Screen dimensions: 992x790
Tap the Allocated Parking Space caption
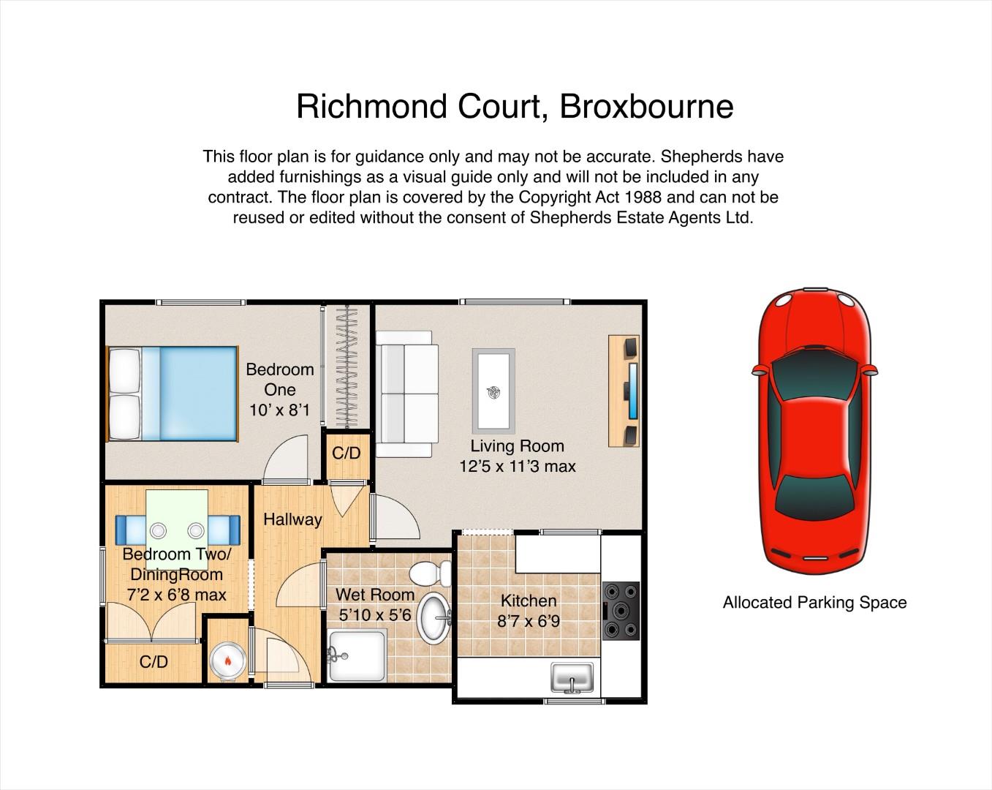(814, 602)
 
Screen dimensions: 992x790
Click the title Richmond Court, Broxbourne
(515, 106)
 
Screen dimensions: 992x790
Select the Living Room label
(518, 446)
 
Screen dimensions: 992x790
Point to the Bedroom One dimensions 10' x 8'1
(279, 410)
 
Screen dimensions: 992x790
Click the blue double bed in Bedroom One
(172, 394)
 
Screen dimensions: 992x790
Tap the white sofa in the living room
(406, 394)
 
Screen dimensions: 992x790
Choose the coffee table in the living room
(493, 391)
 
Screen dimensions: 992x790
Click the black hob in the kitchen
(621, 611)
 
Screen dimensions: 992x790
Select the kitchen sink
(572, 677)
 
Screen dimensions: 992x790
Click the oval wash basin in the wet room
(433, 618)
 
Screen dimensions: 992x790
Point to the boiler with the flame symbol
(227, 660)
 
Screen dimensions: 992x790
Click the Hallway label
(292, 520)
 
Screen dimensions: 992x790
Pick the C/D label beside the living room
(347, 453)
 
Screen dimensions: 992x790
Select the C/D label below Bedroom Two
(154, 662)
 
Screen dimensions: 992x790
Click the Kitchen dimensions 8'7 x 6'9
(529, 621)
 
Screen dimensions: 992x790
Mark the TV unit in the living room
(624, 391)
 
